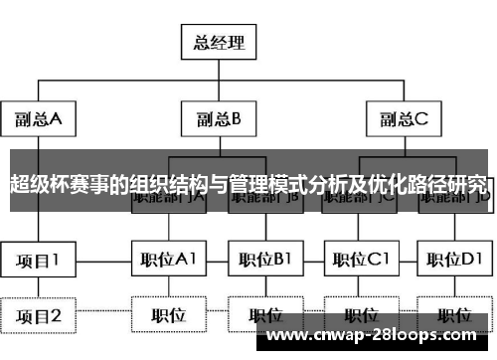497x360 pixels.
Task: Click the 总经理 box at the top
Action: (x=218, y=44)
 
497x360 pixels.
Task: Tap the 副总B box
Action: (x=218, y=120)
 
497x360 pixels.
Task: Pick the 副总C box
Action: (x=402, y=120)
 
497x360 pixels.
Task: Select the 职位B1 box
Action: (x=264, y=261)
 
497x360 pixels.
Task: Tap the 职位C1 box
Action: (x=360, y=261)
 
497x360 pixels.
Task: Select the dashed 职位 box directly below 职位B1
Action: (x=264, y=316)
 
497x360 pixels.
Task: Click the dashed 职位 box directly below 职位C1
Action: (x=360, y=316)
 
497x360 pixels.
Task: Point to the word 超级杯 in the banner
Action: (x=36, y=184)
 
